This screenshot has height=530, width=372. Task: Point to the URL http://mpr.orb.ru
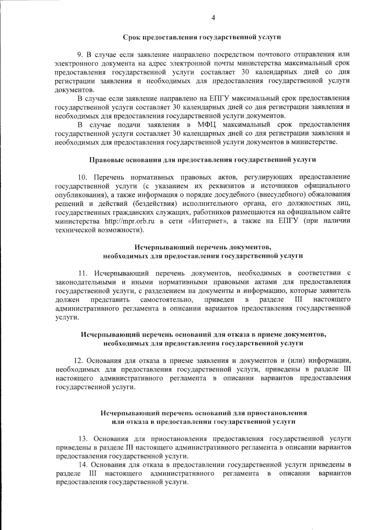pyautogui.click(x=130, y=221)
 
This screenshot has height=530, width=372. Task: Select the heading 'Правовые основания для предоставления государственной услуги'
pyautogui.click(x=203, y=160)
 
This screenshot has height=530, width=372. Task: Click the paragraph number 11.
pyautogui.click(x=83, y=274)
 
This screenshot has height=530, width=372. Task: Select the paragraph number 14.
pyautogui.click(x=83, y=465)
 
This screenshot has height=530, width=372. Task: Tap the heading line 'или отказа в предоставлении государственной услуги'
pyautogui.click(x=203, y=422)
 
